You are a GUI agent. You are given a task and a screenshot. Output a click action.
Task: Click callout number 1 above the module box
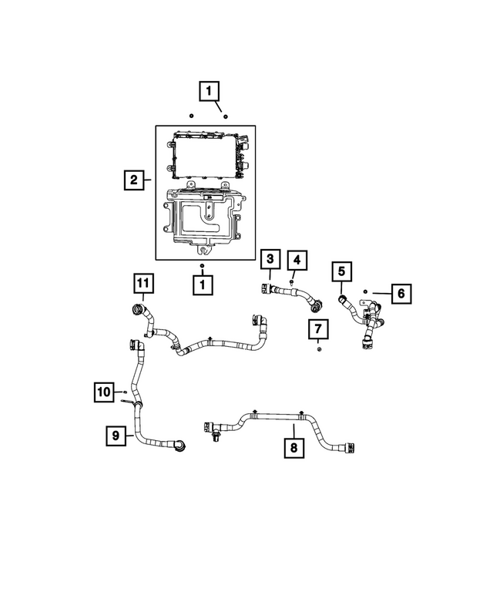208,91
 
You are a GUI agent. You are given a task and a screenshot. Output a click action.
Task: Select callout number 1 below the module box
202,284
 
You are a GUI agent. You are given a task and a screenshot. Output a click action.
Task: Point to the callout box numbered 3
270,259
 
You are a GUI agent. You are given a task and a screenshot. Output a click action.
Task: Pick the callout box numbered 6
401,293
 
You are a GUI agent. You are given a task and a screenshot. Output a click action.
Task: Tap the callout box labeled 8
293,446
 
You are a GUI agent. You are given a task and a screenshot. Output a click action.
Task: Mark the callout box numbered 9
116,436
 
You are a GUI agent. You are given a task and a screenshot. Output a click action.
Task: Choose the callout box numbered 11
142,283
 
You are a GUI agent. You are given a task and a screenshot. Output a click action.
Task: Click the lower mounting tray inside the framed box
202,220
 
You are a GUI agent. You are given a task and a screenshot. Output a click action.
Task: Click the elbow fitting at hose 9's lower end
179,445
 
